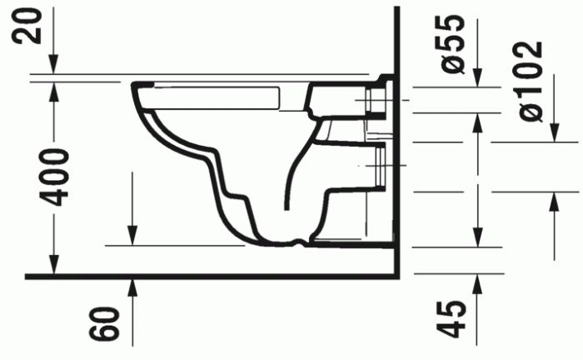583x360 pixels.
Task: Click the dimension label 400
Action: [x=54, y=177]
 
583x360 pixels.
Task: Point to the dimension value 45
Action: [x=452, y=319]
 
